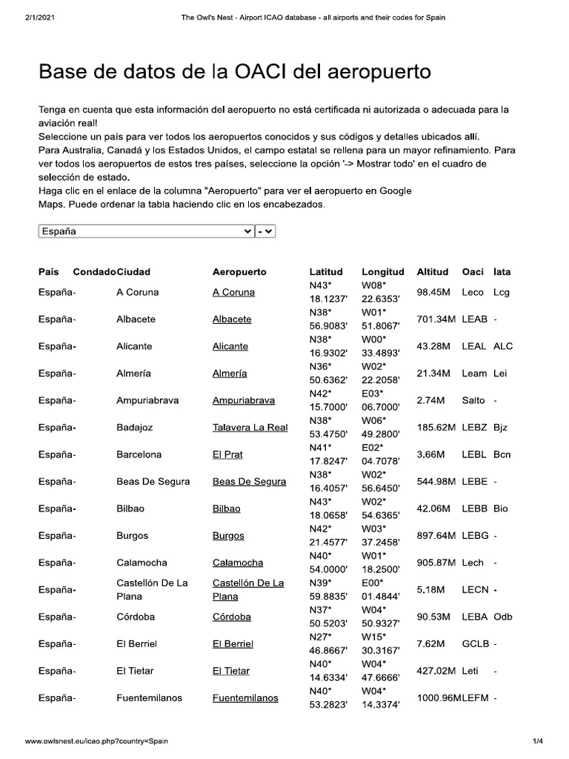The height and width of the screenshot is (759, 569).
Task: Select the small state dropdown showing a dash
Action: click(x=265, y=231)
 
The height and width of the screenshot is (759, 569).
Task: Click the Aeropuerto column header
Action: click(x=239, y=272)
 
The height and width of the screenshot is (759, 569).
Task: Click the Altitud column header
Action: click(x=433, y=272)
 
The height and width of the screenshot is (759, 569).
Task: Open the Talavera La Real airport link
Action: click(x=250, y=428)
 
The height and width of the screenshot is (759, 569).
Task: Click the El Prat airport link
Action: click(x=227, y=454)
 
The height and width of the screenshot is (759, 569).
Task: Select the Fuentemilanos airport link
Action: click(x=245, y=698)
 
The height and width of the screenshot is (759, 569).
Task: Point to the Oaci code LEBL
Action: click(x=474, y=454)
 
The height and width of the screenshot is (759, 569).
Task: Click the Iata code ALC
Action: click(x=503, y=346)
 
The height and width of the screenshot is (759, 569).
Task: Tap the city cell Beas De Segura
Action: click(x=153, y=482)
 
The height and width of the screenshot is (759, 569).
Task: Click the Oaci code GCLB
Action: click(x=475, y=644)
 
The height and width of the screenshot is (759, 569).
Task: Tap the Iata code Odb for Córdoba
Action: click(x=503, y=617)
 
